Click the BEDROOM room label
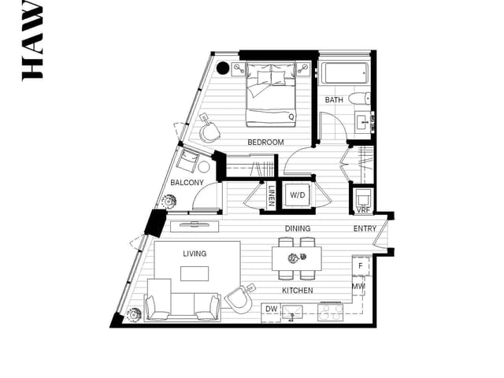click(265, 143)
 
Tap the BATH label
click(333, 100)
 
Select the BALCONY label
click(187, 183)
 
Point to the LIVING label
click(195, 254)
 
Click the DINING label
click(298, 229)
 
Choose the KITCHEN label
click(298, 291)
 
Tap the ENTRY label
click(365, 229)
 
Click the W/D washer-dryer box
click(297, 195)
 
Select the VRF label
click(363, 210)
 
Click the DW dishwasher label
click(270, 308)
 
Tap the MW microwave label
click(358, 287)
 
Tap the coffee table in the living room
click(195, 273)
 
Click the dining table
click(297, 258)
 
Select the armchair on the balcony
click(188, 161)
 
